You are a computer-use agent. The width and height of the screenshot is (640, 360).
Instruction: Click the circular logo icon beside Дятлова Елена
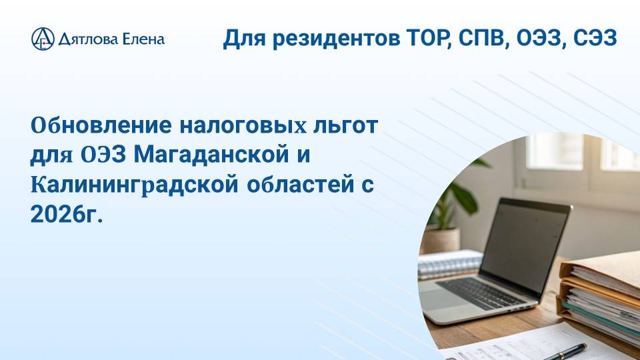coord(43,39)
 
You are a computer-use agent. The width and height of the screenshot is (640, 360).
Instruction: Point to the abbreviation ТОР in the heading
coord(421,38)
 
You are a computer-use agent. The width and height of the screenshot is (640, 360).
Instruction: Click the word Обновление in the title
coord(85,125)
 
